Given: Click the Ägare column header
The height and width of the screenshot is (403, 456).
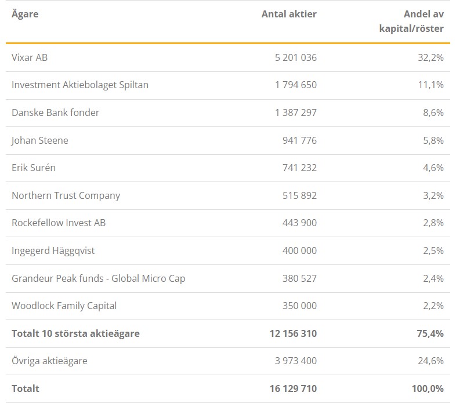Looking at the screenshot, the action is (25, 14).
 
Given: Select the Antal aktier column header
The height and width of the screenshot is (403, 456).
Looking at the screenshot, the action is (289, 14).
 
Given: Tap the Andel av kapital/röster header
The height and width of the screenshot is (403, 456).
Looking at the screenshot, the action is (411, 21).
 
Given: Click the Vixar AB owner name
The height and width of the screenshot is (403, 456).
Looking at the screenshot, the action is (30, 57).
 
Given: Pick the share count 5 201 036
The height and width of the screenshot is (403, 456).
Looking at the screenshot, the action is (296, 57).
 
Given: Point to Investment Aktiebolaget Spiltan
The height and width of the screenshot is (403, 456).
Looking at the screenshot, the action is (80, 85).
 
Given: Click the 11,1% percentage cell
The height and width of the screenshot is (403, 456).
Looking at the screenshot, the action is (430, 85).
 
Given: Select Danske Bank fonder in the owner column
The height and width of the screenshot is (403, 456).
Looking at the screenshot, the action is (55, 112).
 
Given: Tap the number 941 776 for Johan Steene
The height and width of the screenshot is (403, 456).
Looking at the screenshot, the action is (299, 140).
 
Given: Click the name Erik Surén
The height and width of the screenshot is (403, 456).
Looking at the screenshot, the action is (34, 168).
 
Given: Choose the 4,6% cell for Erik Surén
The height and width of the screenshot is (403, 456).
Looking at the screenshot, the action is (433, 168).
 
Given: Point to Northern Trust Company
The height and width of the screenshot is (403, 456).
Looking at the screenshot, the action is (66, 195).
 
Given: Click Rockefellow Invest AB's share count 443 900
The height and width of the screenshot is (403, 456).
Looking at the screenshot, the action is (299, 223).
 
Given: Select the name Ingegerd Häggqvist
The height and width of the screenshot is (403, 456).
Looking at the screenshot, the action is (53, 250).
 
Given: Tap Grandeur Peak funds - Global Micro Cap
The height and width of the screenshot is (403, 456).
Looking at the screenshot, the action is (98, 278).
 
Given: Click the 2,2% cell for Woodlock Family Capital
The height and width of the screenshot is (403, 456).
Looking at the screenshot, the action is (433, 306).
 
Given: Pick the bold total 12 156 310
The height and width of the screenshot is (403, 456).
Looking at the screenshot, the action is (293, 333).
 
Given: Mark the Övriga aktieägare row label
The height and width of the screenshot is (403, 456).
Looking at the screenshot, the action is (49, 361).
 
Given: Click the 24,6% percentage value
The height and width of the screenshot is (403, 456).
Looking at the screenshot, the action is (430, 361).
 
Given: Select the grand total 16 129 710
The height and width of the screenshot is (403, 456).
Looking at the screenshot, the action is (293, 389).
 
